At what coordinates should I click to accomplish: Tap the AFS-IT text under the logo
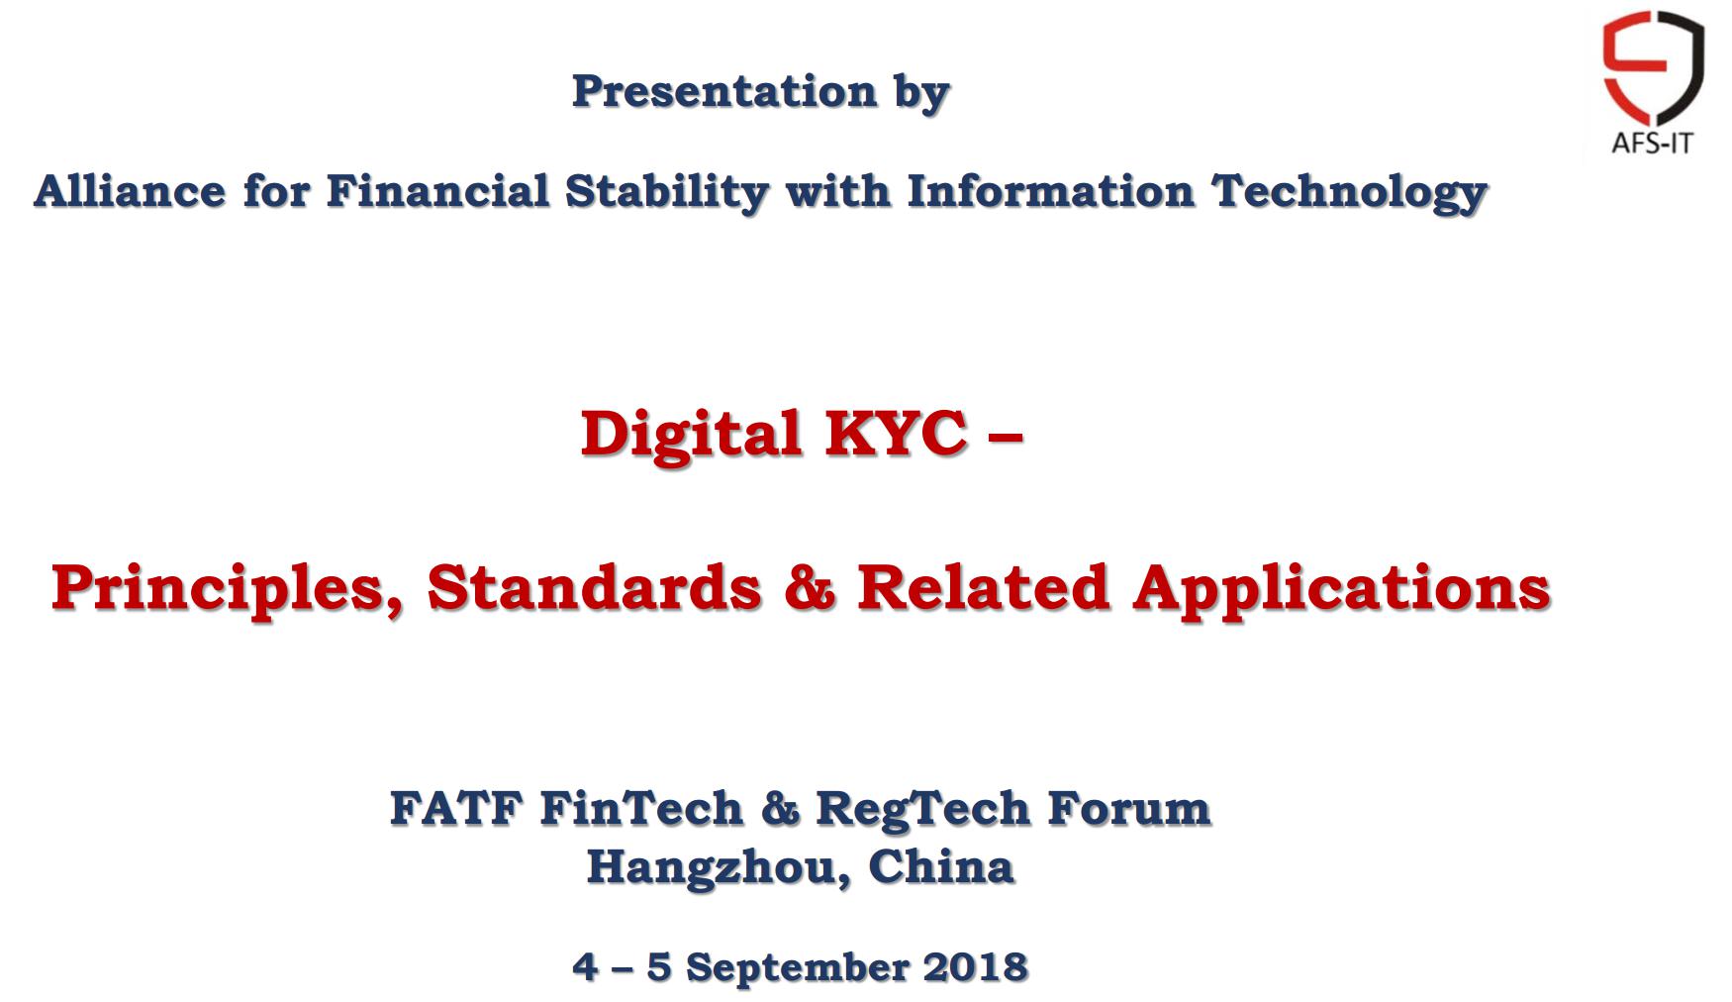click(x=1653, y=144)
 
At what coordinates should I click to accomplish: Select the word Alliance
click(x=130, y=191)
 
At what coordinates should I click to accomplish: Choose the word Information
click(x=1050, y=191)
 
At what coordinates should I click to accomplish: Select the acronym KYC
click(x=896, y=433)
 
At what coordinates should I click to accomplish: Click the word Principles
click(x=227, y=588)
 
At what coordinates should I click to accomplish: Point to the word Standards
click(x=594, y=586)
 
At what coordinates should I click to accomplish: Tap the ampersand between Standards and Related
click(x=810, y=586)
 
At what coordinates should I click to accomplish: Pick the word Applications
click(x=1342, y=588)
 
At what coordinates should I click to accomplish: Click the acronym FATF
click(x=456, y=808)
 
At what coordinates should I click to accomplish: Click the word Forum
click(x=1129, y=808)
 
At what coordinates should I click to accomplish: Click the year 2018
click(x=975, y=967)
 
